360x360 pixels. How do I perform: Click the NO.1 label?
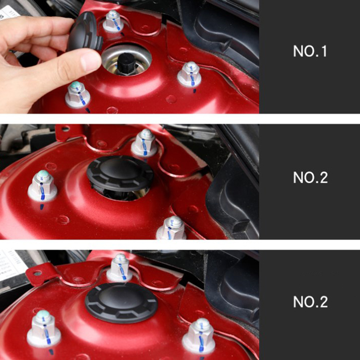pyautogui.click(x=310, y=51)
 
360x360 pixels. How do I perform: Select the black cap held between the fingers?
pyautogui.click(x=85, y=32)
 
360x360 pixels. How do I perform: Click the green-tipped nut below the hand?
pyautogui.click(x=78, y=94)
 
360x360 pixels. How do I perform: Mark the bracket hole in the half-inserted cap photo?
pyautogui.click(x=65, y=129)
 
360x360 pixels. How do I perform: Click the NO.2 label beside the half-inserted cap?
pyautogui.click(x=310, y=177)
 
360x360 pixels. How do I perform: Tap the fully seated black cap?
pyautogui.click(x=121, y=303)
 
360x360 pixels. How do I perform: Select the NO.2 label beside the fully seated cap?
pyautogui.click(x=310, y=302)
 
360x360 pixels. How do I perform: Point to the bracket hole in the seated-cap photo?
pyautogui.click(x=37, y=273)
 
